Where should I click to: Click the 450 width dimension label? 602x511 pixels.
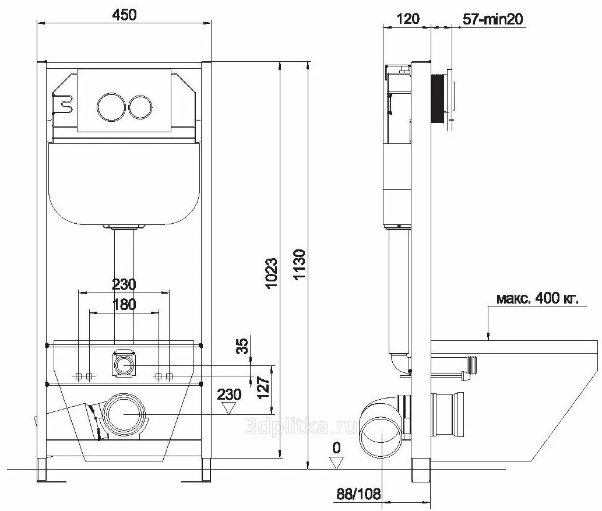click(x=124, y=15)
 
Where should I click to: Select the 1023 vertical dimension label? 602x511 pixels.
click(x=271, y=273)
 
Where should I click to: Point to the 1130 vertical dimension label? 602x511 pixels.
click(x=299, y=264)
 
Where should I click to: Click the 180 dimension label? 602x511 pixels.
click(x=124, y=305)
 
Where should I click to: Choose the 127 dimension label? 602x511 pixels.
click(x=263, y=387)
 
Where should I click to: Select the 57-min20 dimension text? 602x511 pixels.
click(x=492, y=19)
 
